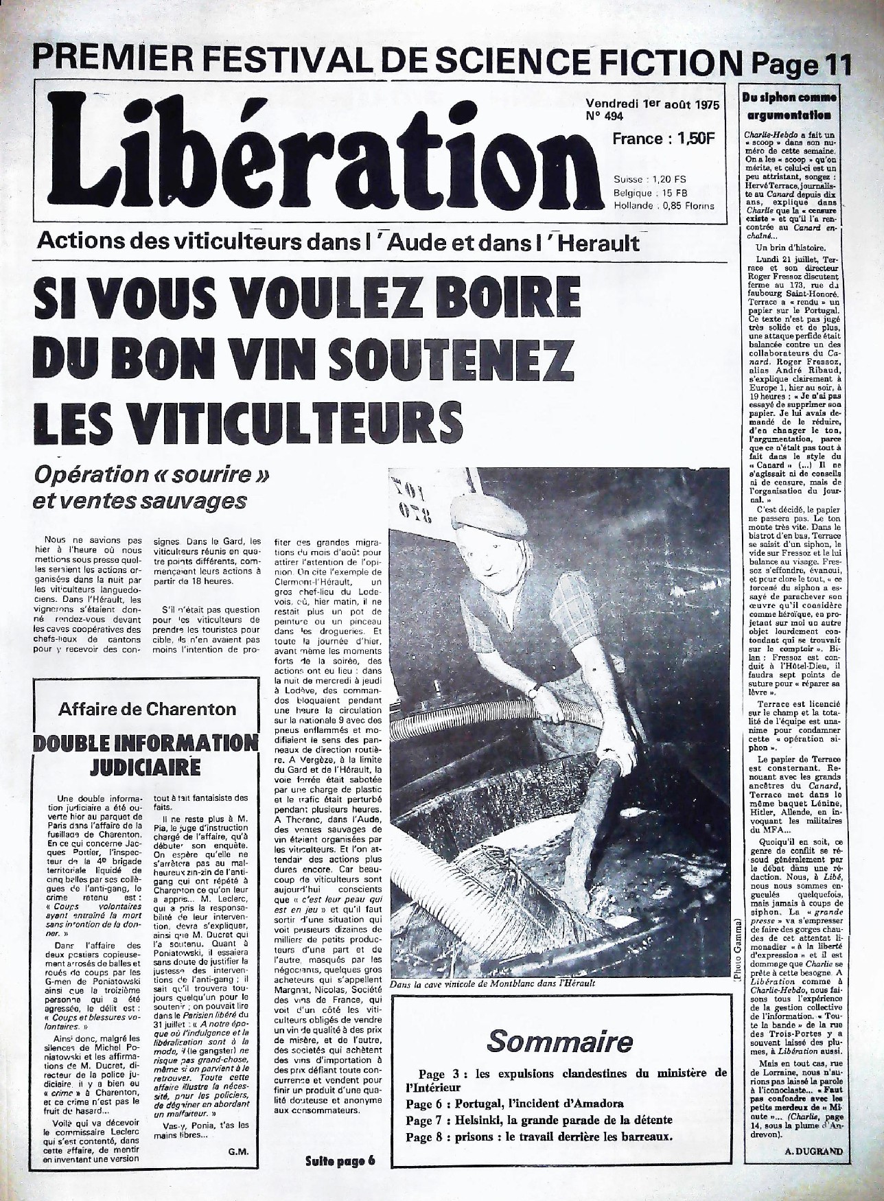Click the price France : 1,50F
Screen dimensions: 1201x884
pos(664,139)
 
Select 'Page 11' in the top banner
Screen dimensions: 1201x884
pos(801,66)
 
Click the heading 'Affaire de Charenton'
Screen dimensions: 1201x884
pos(147,709)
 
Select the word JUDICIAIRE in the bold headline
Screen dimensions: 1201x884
pos(146,766)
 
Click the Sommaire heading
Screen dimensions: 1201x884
pos(559,1041)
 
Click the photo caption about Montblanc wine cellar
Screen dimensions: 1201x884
pos(491,984)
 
